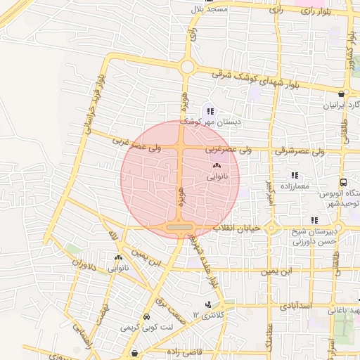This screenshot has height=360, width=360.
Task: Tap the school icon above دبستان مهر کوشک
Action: pos(210,111)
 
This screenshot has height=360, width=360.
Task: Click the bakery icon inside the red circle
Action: pos(215,166)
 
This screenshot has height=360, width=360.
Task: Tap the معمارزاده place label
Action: pos(295,187)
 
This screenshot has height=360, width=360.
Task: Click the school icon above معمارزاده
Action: pos(295,175)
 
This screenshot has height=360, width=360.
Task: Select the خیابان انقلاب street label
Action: pos(239,228)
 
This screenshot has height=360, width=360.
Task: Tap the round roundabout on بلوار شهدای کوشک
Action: pos(187,67)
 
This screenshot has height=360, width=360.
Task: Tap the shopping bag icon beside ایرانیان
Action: pos(341,94)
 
